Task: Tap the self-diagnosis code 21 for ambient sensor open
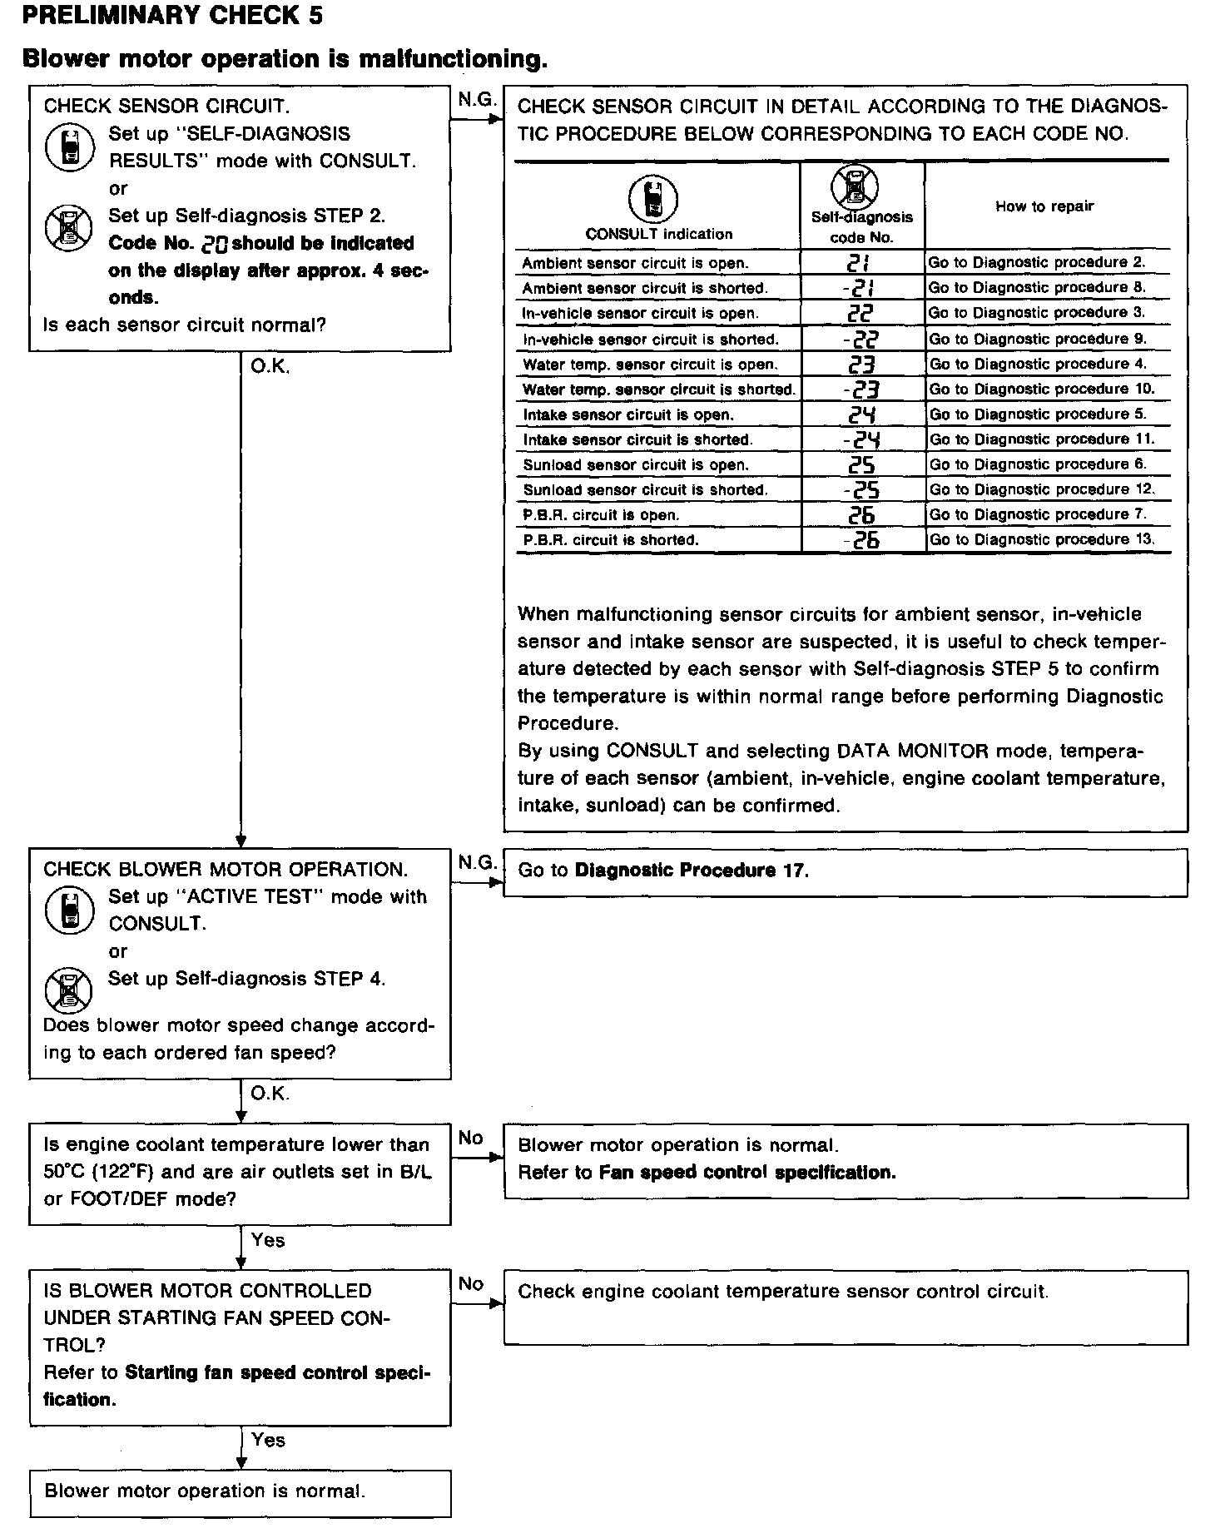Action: tap(859, 263)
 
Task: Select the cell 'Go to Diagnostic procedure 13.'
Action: tap(1042, 539)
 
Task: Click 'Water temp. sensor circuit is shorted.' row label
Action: tap(658, 389)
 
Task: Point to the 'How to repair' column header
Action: tap(1044, 206)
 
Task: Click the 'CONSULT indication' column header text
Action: tap(659, 234)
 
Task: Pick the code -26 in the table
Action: tap(860, 540)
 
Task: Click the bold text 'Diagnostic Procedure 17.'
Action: tap(692, 871)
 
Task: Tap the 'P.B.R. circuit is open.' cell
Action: tap(601, 515)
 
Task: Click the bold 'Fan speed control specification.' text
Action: tap(747, 1173)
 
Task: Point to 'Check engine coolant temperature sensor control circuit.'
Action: tap(783, 1292)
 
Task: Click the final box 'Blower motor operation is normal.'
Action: tap(205, 1491)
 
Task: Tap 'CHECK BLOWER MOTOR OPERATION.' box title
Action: tap(226, 870)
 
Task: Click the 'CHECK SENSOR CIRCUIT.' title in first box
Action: tap(166, 107)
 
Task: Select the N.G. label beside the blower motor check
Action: tap(477, 862)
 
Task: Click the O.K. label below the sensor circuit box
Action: tap(270, 367)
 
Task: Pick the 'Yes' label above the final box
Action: tap(268, 1440)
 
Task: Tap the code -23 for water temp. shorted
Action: tap(860, 389)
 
